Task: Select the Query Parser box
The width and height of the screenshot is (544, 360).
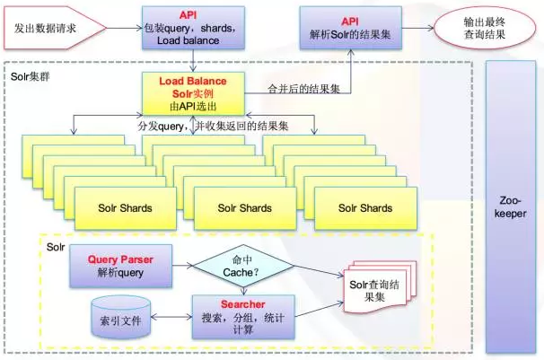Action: click(120, 266)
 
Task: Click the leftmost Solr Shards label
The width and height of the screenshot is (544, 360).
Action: click(125, 208)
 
